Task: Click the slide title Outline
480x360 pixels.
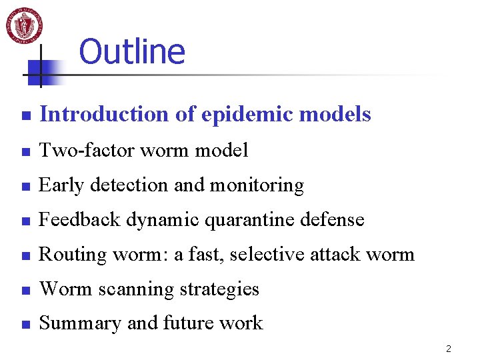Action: pos(131,51)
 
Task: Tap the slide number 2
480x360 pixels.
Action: pos(449,349)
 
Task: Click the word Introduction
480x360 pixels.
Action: pos(105,115)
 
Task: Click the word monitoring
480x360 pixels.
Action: pos(258,185)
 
